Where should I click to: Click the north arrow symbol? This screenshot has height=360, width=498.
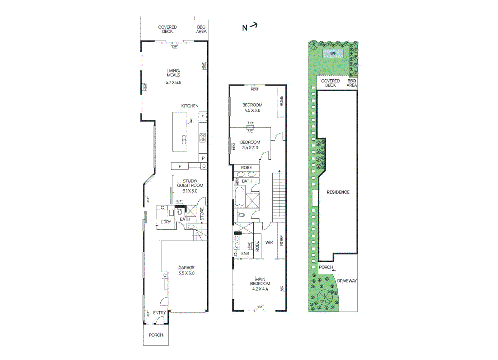(250, 27)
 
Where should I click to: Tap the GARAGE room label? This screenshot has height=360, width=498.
(186, 268)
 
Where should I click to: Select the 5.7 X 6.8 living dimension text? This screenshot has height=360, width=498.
(173, 82)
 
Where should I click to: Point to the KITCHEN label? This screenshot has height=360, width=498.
(190, 106)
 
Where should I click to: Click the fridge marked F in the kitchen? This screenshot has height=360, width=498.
(203, 117)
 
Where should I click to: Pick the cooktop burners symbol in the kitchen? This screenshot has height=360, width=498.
(203, 138)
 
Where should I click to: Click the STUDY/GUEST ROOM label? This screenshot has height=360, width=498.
(190, 183)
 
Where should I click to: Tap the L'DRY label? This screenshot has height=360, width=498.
(166, 222)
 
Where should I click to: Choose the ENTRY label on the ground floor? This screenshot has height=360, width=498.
(159, 313)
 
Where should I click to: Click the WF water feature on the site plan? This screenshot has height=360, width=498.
(333, 54)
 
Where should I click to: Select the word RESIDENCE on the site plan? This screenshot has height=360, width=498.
(338, 192)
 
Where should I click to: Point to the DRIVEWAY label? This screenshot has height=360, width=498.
(347, 281)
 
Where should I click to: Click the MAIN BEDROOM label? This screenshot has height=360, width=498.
(260, 281)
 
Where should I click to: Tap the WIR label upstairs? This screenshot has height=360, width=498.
(269, 243)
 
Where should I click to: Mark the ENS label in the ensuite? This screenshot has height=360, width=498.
(245, 254)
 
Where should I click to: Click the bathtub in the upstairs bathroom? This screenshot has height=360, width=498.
(240, 196)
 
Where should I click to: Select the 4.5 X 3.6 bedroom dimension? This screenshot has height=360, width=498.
(252, 110)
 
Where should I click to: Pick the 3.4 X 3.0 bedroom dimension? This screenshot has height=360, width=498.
(250, 148)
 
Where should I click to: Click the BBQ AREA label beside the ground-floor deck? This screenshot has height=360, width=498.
(201, 29)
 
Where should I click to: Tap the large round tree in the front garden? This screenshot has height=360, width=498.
(324, 297)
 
